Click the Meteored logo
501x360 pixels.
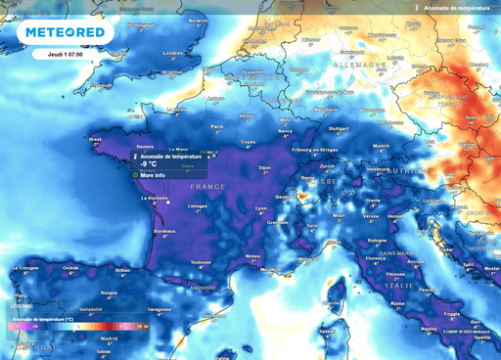tap(66, 33)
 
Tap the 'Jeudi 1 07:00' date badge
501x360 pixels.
tap(65, 54)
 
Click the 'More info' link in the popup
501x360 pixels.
tap(155, 175)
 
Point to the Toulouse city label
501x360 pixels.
tap(202, 262)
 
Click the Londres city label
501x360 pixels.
tap(173, 53)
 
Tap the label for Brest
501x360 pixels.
tap(95, 139)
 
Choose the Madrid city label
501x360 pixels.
tap(110, 339)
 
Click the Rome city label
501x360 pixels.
tap(398, 303)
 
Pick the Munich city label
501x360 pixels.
tap(382, 146)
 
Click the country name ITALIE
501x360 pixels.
tap(427, 286)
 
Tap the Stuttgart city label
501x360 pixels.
tap(339, 127)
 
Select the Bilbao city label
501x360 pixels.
tap(122, 267)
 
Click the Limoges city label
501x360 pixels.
tap(198, 206)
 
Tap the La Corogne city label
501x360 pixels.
tap(25, 267)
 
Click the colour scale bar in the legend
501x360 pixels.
tap(78, 326)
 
